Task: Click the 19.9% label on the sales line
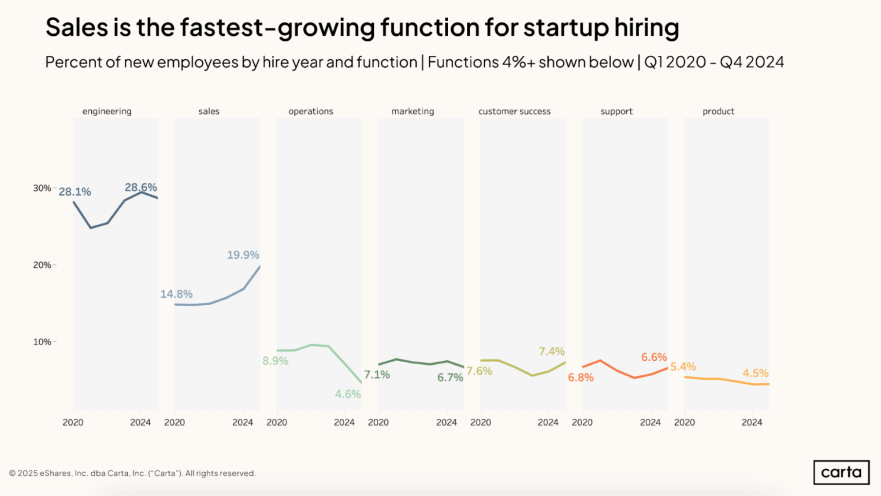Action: click(x=243, y=255)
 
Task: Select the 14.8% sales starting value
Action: click(x=176, y=294)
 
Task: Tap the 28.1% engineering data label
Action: click(x=75, y=192)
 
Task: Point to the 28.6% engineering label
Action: click(x=141, y=188)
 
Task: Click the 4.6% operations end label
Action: click(x=348, y=394)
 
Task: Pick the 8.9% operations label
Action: click(x=275, y=361)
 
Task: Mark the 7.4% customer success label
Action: click(x=551, y=352)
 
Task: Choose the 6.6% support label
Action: click(x=654, y=357)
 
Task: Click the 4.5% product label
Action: click(x=755, y=374)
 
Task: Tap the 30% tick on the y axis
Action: click(x=42, y=189)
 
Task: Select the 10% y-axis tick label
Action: click(x=42, y=342)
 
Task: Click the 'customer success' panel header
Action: click(x=514, y=111)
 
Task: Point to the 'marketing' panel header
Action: click(x=413, y=111)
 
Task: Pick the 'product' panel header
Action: click(x=718, y=111)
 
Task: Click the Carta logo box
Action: click(x=841, y=472)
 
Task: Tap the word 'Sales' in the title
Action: click(x=77, y=27)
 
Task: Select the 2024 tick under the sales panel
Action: click(x=242, y=423)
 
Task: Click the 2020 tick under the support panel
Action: click(x=582, y=423)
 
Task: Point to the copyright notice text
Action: click(x=132, y=474)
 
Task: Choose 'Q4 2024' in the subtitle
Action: click(x=752, y=63)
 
